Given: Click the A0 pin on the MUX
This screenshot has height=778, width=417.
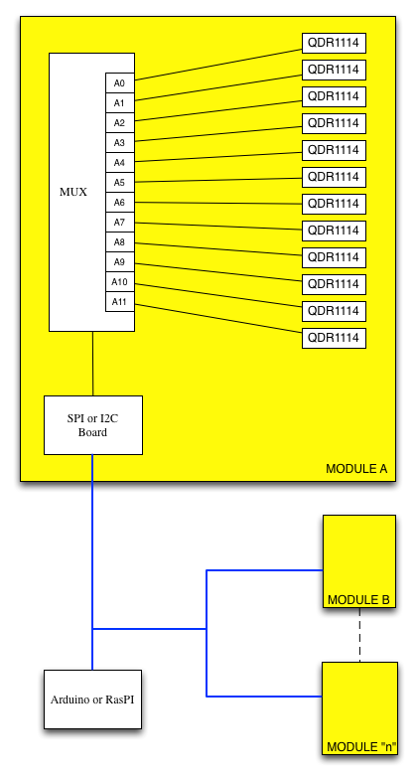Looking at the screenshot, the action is coord(120,82).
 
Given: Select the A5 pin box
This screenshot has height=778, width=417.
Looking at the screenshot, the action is coord(120,183).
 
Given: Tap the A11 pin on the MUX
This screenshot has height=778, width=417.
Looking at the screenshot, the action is coord(120,302).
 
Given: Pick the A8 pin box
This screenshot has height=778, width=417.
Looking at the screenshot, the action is coord(120,242).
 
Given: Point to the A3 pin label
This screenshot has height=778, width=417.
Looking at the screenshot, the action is coord(119,143).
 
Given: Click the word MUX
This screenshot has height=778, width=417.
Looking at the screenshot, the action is coord(73,192).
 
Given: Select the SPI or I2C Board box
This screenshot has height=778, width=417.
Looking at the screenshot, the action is coord(93,425).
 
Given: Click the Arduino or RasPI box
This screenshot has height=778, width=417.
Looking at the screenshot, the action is coord(92,700).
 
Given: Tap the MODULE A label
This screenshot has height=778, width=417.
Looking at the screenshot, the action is coord(356,469).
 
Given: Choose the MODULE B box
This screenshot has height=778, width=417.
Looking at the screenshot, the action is coord(359,561).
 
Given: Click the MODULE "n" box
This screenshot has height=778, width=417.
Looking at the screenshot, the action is coord(360,708).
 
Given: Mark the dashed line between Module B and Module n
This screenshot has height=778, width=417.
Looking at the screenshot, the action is coord(360,635).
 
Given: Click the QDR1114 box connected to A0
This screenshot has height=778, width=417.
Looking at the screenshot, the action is coord(335,43).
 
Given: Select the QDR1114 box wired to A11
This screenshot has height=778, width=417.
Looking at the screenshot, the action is coord(335,338).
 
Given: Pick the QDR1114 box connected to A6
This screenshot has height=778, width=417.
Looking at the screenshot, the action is coord(335,204).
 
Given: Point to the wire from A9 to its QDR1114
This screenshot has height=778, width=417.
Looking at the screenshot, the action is coord(218,272).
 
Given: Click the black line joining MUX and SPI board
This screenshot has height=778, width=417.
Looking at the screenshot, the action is coord(92,364).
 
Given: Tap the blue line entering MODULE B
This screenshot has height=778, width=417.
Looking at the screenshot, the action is coord(265,570).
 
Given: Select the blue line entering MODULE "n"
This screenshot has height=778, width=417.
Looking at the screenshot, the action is coord(264,697).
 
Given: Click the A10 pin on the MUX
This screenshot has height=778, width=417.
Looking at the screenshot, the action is coord(120,282).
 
